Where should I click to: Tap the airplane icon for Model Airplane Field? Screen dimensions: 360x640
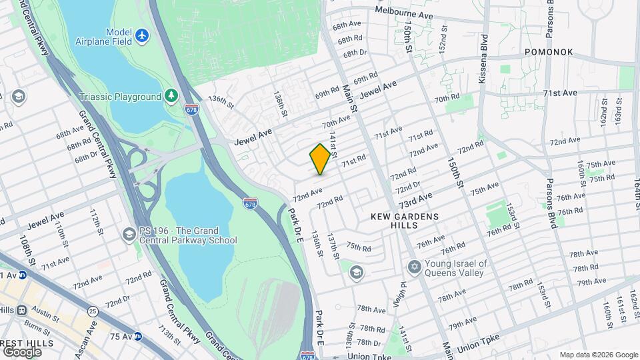click(x=141, y=35)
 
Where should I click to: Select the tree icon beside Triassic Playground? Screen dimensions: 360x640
click(x=172, y=97)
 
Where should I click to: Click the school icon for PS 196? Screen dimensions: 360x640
click(x=128, y=235)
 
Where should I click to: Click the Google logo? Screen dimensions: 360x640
click(x=22, y=351)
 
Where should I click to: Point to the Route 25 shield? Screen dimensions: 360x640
click(x=92, y=311)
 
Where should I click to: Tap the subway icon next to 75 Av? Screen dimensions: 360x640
click(x=137, y=337)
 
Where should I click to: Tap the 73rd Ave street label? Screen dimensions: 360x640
click(x=415, y=198)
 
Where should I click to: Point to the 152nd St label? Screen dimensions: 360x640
click(x=441, y=40)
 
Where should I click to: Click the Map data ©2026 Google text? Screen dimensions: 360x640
click(x=599, y=355)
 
